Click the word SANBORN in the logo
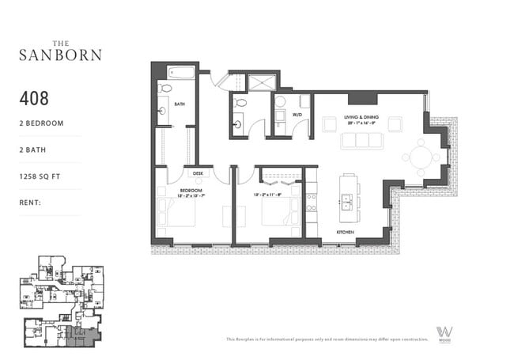(x=60, y=55)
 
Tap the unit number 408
(x=34, y=99)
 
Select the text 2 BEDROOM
(x=41, y=123)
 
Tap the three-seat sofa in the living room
(x=361, y=140)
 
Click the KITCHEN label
(x=345, y=233)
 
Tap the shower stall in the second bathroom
(x=262, y=81)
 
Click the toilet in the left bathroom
(x=164, y=89)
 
